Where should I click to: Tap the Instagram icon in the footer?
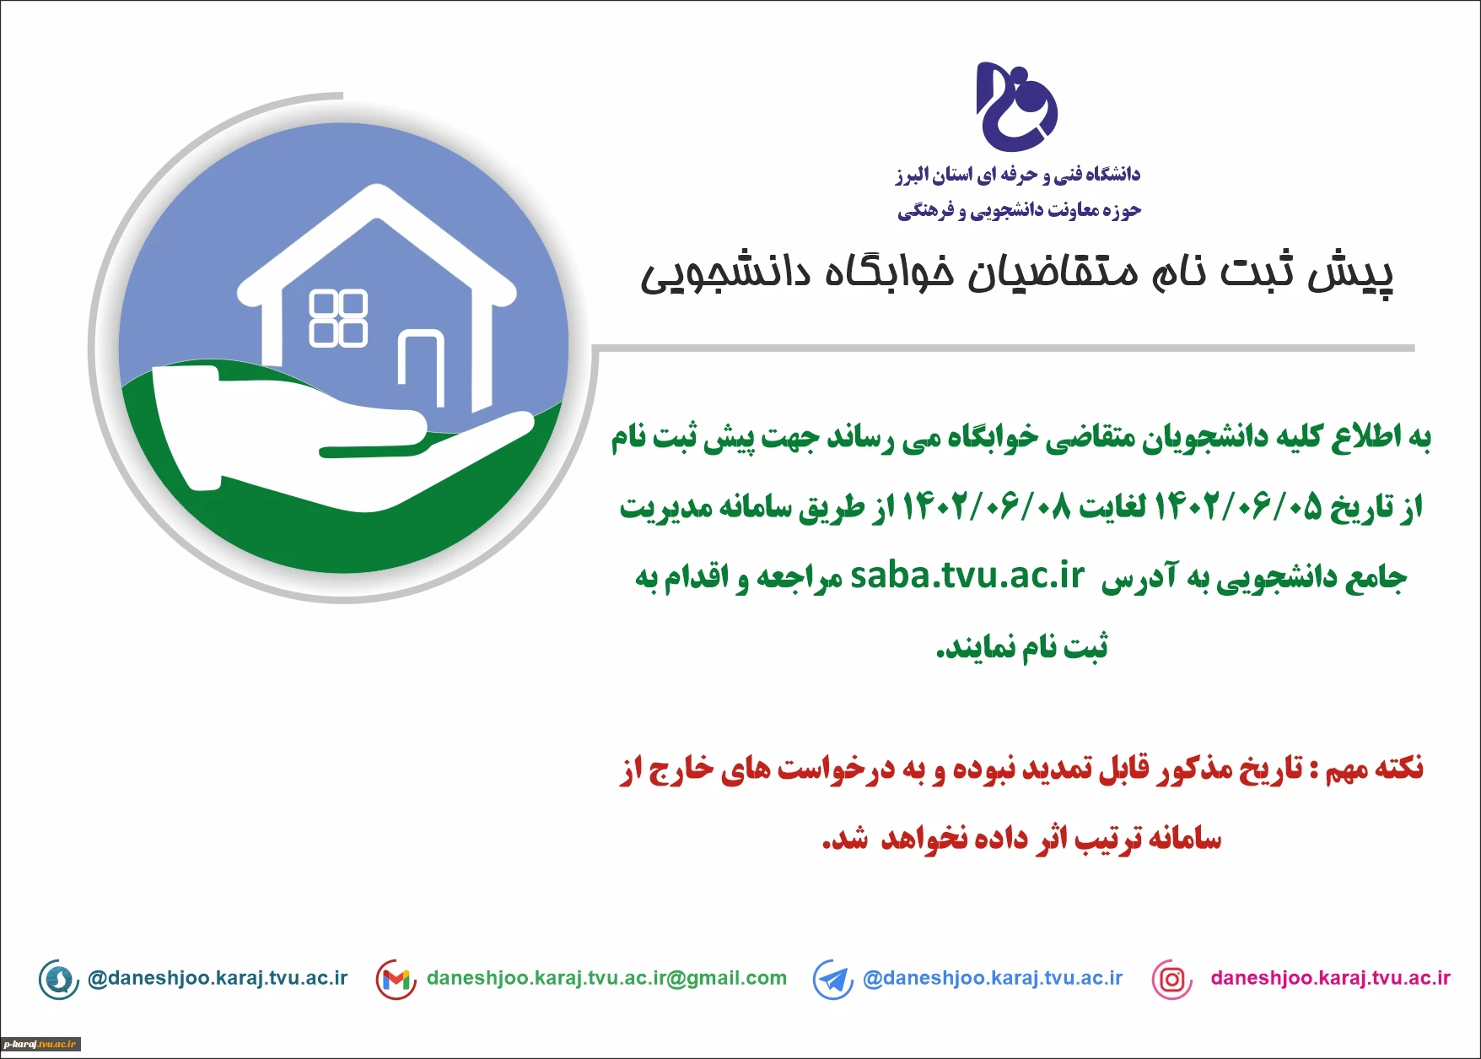[1171, 980]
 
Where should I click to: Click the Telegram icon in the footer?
[833, 980]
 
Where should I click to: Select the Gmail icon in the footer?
[396, 980]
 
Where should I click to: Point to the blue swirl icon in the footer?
[59, 980]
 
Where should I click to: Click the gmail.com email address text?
[606, 979]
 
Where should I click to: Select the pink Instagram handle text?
[1330, 979]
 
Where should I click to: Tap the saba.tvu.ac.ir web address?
[967, 575]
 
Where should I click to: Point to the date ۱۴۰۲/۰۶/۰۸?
[987, 507]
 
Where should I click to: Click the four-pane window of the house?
[338, 318]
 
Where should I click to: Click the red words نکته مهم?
[1374, 769]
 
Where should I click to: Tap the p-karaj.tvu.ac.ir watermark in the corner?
[40, 1045]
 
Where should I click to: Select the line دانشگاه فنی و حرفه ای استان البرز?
[1018, 175]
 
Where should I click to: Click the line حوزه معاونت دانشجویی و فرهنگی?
[1019, 210]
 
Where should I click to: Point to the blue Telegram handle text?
[993, 979]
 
